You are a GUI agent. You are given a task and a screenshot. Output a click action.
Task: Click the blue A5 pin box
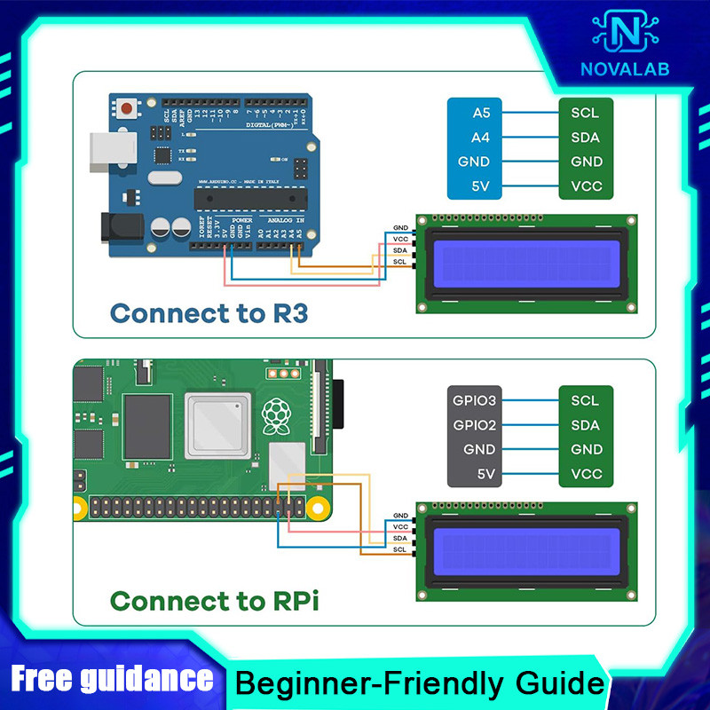coord(480,113)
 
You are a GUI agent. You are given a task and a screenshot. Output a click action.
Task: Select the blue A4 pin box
coord(480,138)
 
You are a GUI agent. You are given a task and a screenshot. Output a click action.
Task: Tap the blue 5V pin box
coord(480,187)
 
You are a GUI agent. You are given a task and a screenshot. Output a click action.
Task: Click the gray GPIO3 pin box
coord(475,400)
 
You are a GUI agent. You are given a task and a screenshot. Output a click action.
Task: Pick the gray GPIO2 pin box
coord(475,425)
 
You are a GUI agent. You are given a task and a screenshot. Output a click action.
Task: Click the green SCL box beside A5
coord(586,113)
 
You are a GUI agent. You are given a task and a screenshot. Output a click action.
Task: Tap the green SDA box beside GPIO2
coord(586,425)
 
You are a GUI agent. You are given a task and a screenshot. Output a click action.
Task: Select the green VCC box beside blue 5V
coord(586,187)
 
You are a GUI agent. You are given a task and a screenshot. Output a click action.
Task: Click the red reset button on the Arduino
coord(130,109)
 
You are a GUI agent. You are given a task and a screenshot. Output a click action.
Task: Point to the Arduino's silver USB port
coord(105,152)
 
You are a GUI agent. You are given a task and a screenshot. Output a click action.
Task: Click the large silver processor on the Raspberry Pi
coord(215,425)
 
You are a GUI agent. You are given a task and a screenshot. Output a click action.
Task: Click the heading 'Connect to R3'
coord(209,313)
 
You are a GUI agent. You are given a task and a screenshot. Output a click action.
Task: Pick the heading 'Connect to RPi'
coord(214,601)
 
